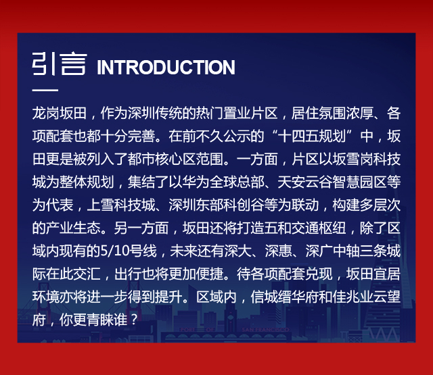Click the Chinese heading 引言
[60, 64]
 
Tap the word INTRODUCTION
[166, 67]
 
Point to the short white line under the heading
[45, 90]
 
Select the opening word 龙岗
[45, 114]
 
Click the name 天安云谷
[304, 182]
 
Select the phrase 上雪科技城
[120, 205]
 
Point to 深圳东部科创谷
[216, 205]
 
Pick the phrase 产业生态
[73, 228]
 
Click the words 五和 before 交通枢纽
[277, 228]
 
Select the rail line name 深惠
[278, 251]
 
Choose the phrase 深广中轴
[333, 251]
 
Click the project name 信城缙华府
[284, 297]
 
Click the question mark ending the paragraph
[134, 320]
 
